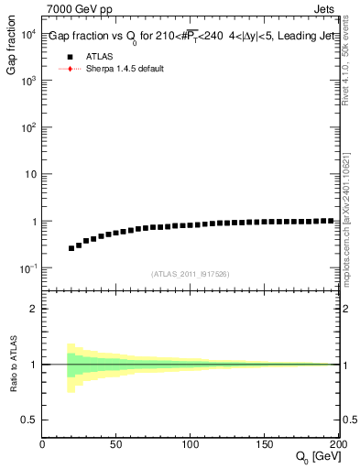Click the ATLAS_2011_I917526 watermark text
191,274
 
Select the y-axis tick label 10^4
27,34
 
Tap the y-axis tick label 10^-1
27,267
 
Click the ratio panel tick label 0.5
29,420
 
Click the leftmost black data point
71,248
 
